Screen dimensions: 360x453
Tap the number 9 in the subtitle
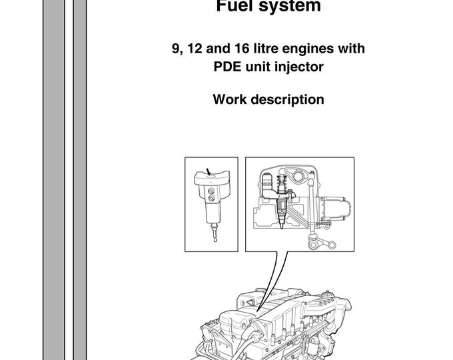tap(175, 49)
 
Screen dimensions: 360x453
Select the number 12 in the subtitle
tap(194, 49)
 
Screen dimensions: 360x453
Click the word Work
tap(228, 100)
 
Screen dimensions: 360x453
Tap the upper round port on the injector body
tap(212, 189)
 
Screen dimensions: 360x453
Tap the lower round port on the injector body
tap(212, 197)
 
